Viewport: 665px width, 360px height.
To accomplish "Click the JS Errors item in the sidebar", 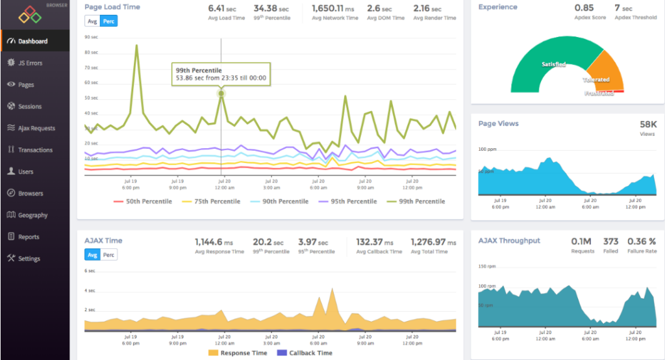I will point(31,63).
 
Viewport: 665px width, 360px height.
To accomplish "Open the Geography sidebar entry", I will point(32,215).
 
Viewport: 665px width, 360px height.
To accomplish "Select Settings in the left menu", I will point(29,259).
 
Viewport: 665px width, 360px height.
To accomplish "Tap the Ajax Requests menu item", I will point(36,128).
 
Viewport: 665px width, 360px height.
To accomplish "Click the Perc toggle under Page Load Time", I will point(109,21).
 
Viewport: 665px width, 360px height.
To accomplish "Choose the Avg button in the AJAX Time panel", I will point(92,255).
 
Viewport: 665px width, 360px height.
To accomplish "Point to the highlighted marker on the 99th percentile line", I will point(221,94).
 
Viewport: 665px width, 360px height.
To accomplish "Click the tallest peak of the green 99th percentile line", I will point(136,45).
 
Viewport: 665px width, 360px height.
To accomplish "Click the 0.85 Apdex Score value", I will point(584,8).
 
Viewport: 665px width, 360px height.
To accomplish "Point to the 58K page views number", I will point(647,124).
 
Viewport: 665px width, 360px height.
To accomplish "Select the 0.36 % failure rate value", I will point(642,241).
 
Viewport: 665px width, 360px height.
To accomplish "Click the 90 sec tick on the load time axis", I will point(91,37).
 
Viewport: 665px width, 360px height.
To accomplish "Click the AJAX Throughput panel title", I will point(509,240).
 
